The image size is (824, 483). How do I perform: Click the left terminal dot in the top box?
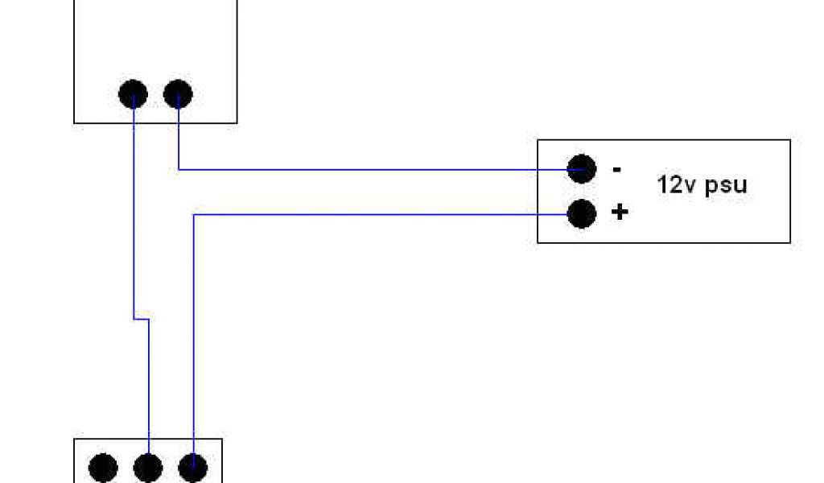click(133, 95)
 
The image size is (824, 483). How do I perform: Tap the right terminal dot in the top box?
click(178, 95)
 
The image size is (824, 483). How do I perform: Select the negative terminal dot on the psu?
click(581, 169)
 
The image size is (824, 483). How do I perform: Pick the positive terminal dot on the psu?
click(581, 214)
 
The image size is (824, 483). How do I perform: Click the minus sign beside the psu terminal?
click(617, 170)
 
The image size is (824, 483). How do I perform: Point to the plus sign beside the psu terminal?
click(620, 213)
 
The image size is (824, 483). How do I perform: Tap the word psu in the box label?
click(726, 186)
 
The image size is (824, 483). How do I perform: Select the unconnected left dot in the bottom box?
click(103, 467)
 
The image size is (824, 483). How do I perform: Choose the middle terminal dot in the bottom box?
click(148, 467)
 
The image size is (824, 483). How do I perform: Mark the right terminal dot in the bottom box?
click(192, 467)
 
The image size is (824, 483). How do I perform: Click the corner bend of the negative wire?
click(178, 169)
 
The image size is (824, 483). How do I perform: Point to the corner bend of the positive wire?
click(194, 214)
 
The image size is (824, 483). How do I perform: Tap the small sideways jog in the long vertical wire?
click(141, 320)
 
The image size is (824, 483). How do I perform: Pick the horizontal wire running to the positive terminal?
click(378, 214)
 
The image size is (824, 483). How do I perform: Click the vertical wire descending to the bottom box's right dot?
click(194, 338)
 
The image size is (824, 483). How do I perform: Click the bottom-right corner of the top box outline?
click(237, 123)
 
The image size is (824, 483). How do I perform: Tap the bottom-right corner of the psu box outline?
click(789, 242)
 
